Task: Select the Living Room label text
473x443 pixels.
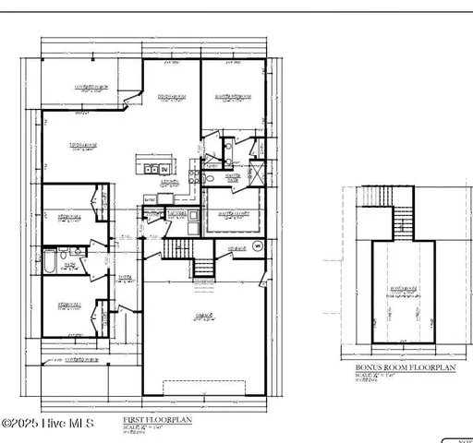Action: (84, 146)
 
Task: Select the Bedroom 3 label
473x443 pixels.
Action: (67, 305)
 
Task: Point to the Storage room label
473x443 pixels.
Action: (236, 248)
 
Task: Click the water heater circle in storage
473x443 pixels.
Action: (256, 247)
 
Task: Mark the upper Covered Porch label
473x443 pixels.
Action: (91, 88)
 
